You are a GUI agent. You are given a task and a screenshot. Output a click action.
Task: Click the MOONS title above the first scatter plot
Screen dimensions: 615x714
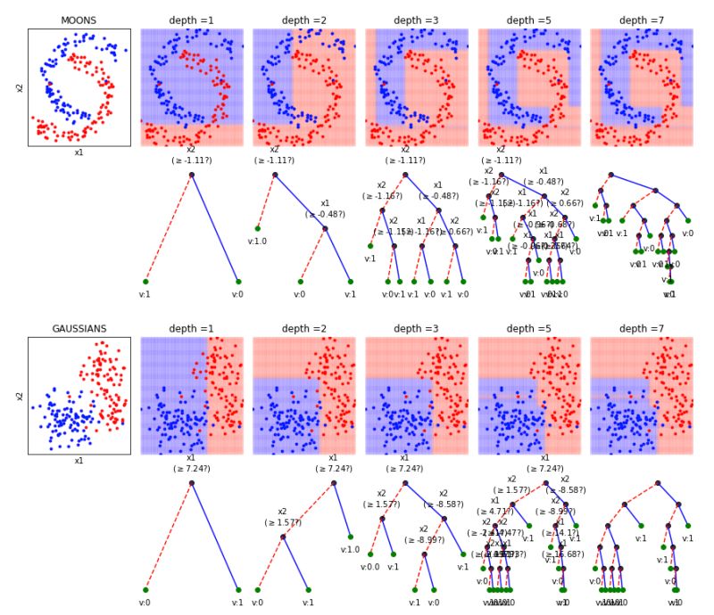click(79, 20)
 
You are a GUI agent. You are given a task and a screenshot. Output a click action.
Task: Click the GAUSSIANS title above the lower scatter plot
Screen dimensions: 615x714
click(79, 329)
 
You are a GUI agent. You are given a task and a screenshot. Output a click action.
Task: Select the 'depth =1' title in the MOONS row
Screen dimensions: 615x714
click(192, 20)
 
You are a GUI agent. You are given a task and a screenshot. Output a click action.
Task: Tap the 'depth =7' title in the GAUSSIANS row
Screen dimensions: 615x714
click(642, 329)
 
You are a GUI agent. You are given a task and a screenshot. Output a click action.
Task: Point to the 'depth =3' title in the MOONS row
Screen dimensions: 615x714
click(417, 20)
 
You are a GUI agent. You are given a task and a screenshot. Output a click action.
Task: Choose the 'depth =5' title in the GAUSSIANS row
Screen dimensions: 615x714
click(529, 329)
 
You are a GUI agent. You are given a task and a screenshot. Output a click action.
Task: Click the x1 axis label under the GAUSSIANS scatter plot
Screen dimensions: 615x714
click(79, 461)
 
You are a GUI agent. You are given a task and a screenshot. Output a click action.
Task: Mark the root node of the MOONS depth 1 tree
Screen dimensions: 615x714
click(191, 174)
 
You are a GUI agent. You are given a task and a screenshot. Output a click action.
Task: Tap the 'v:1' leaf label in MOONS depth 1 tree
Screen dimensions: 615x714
click(145, 294)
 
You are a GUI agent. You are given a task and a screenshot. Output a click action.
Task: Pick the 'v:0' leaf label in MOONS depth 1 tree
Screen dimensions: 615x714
click(237, 294)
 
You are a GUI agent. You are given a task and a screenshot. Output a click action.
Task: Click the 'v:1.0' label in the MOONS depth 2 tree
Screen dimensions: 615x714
click(257, 241)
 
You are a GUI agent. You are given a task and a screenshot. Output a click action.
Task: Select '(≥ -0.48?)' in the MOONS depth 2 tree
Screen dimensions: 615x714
click(325, 214)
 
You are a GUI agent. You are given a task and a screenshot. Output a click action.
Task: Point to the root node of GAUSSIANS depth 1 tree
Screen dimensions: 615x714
click(191, 482)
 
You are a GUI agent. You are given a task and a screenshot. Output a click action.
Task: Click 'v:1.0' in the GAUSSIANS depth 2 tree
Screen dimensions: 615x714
click(350, 549)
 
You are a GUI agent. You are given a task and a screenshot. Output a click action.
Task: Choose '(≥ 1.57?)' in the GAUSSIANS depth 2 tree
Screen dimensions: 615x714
click(282, 522)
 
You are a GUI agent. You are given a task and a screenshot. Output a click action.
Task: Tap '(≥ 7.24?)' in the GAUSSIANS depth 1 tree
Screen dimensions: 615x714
click(191, 469)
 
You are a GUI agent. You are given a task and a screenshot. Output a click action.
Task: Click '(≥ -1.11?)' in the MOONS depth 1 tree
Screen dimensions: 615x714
click(191, 160)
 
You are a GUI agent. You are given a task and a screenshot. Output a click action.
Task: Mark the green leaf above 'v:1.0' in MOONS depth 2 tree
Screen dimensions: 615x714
click(258, 228)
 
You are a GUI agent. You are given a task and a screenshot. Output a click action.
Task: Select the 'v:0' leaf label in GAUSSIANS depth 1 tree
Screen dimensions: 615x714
click(145, 603)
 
